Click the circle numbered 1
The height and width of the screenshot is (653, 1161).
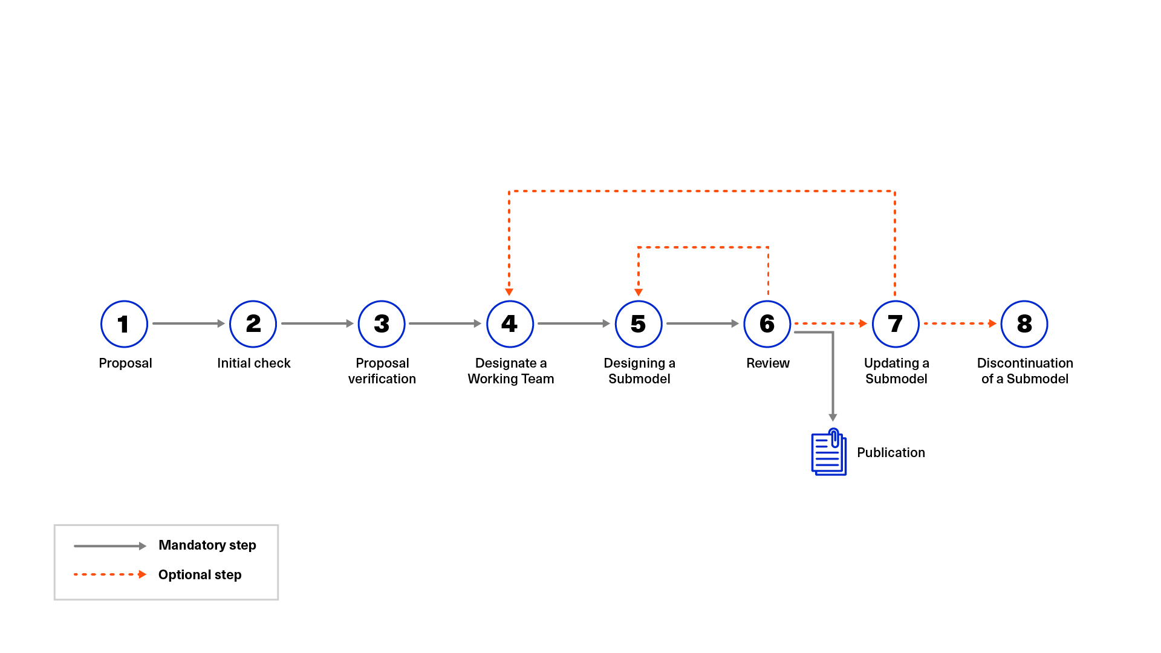124,324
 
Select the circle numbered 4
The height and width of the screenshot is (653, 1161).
510,324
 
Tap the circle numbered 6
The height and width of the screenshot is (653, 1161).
767,324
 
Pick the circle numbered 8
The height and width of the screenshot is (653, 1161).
1024,324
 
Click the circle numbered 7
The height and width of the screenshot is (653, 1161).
896,324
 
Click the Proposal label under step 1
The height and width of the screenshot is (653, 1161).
125,363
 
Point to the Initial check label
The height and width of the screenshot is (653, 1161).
253,363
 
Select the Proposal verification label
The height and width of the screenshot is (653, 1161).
382,371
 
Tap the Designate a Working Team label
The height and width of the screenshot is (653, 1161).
510,371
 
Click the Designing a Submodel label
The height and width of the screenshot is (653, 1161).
639,371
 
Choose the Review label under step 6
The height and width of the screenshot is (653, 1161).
767,363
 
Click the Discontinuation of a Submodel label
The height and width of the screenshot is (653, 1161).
1024,371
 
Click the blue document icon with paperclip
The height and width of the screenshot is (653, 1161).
828,452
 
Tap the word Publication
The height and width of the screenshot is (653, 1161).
891,452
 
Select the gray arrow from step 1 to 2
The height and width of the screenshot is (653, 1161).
188,323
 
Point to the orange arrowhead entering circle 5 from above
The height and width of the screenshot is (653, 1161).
639,292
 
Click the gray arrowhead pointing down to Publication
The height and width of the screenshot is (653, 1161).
833,417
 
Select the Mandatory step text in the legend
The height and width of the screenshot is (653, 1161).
207,545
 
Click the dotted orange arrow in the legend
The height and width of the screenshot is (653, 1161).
109,574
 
